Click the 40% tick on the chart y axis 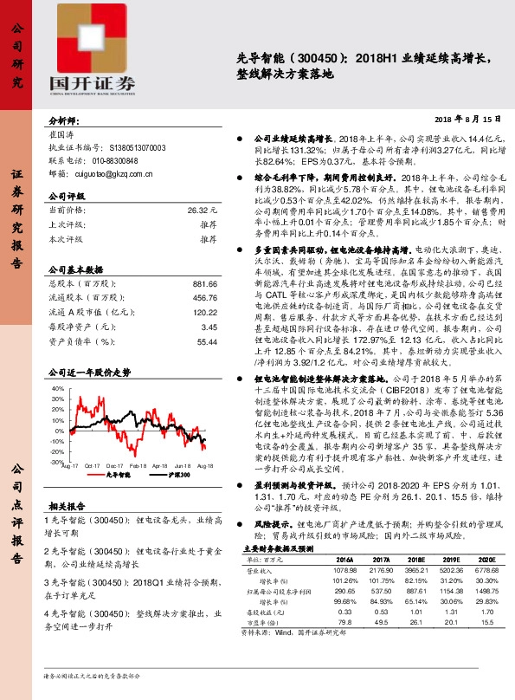pyautogui.click(x=58, y=388)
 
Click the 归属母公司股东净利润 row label pyautogui.click(x=278, y=638)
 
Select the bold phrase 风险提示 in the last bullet pyautogui.click(x=270, y=573)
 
